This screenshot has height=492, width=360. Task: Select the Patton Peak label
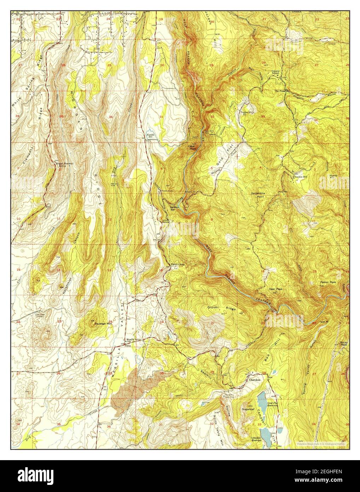(328, 282)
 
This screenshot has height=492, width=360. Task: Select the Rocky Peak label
(344, 343)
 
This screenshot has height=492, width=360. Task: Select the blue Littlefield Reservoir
(264, 432)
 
